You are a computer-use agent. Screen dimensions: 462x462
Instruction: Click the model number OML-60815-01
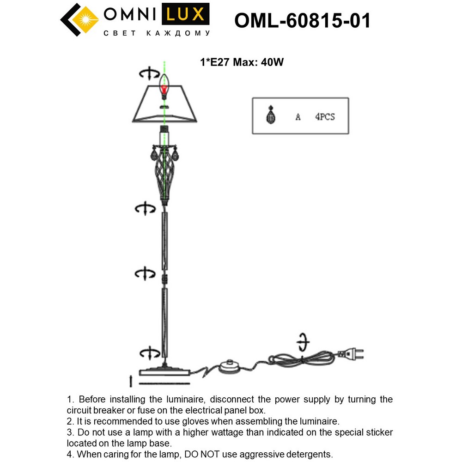click(x=303, y=20)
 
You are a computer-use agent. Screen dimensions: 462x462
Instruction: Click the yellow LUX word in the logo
click(x=185, y=15)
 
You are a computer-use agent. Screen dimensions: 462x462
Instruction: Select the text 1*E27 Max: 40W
click(x=241, y=62)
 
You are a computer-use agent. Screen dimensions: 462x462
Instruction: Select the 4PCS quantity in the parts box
click(x=325, y=117)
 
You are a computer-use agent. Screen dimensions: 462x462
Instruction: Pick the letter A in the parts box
click(x=298, y=117)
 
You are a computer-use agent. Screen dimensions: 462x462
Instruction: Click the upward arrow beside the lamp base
click(x=131, y=381)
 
